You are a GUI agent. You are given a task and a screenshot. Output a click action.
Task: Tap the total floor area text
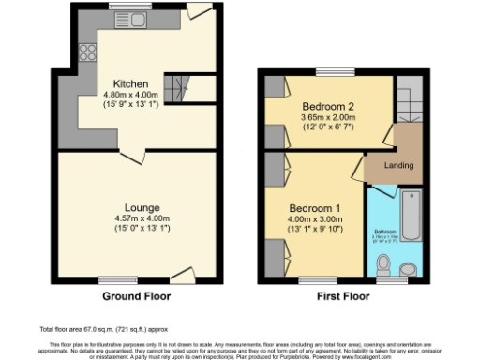click(x=90, y=331)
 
